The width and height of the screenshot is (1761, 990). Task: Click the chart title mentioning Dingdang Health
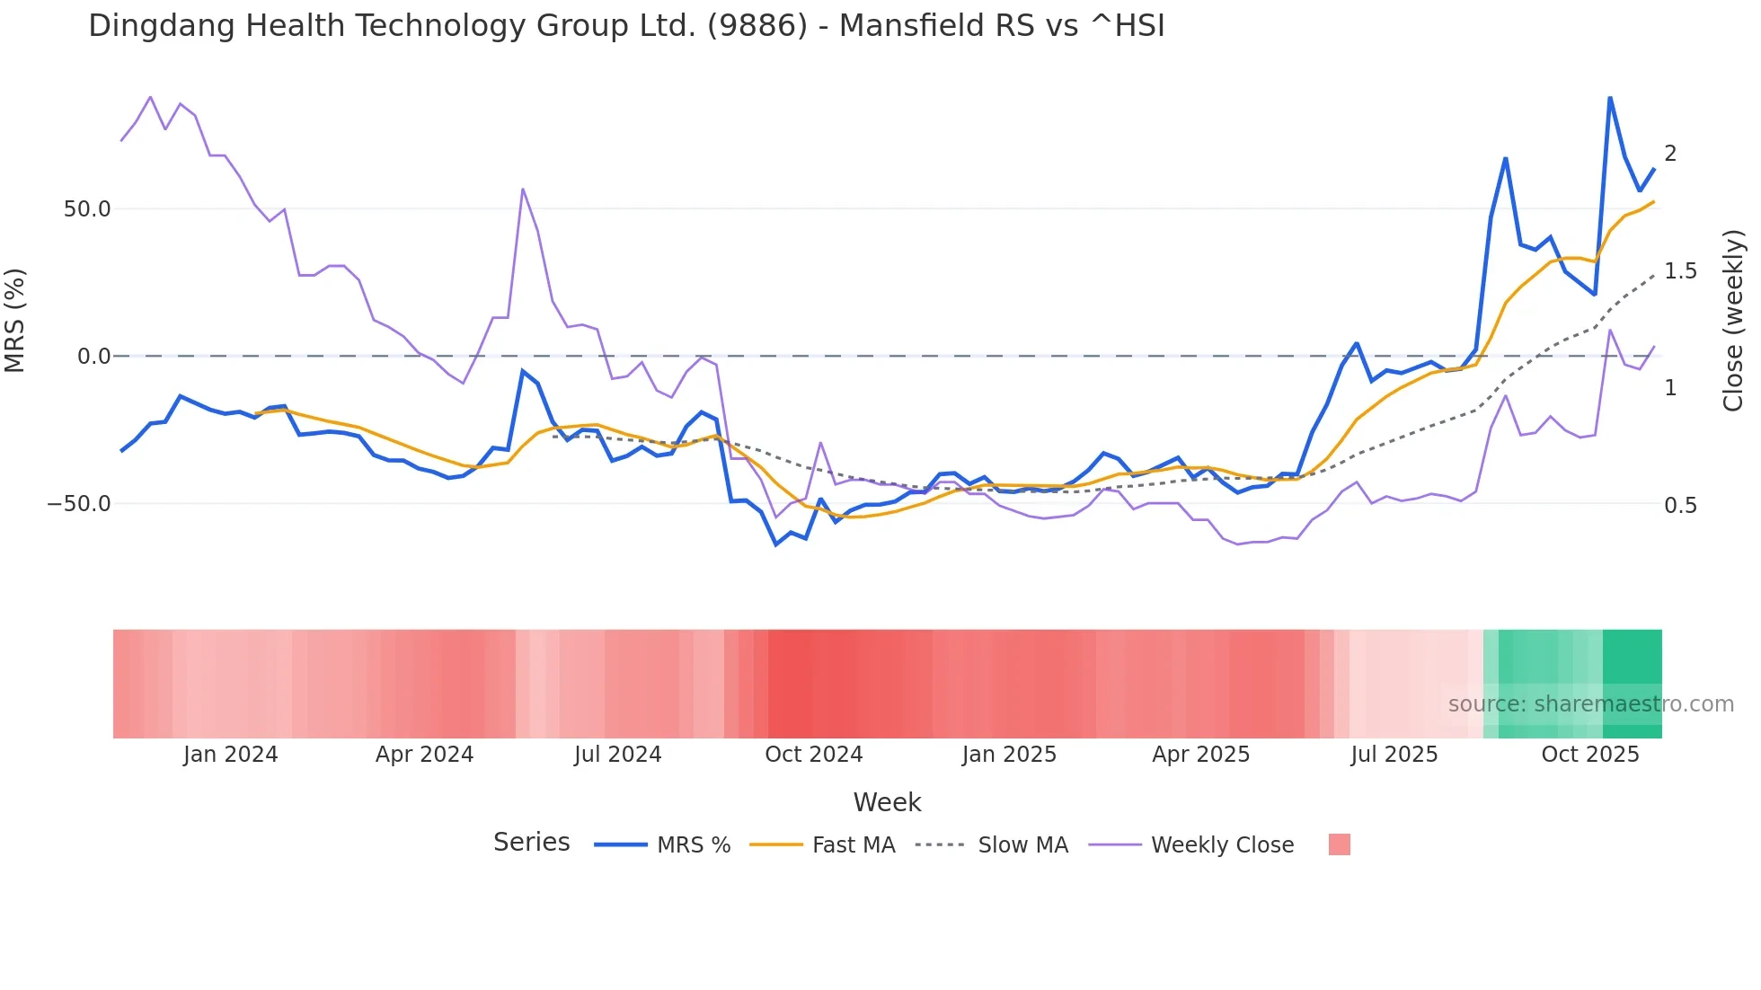(626, 26)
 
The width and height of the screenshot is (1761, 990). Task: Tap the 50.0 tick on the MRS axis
(87, 209)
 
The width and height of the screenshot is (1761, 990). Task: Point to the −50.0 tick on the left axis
(79, 504)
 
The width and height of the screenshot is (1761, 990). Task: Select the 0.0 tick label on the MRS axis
(94, 357)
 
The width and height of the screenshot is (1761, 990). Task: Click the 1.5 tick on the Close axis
(1680, 271)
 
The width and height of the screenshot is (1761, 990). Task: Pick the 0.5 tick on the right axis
(1680, 506)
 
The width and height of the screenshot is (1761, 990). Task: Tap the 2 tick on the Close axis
(1670, 154)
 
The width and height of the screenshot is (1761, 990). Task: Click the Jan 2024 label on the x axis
(230, 755)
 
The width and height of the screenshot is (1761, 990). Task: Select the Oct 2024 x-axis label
(813, 755)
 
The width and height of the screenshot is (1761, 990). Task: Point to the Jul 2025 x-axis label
(1394, 755)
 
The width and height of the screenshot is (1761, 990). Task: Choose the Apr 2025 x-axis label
(1200, 755)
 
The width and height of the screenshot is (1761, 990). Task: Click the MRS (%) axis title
(15, 321)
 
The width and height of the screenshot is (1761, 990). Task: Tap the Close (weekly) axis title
(1733, 321)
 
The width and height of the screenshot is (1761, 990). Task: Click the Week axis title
(887, 802)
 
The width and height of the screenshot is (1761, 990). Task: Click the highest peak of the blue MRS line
(1609, 97)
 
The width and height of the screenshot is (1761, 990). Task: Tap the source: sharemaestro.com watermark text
(1590, 704)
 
